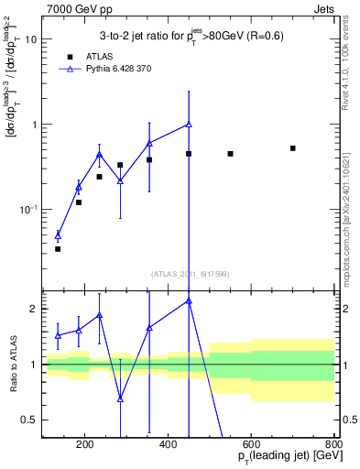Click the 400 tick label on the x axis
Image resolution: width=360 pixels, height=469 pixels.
(168, 446)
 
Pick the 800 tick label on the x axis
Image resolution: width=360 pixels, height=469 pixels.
(334, 446)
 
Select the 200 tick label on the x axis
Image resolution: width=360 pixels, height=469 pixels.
(84, 446)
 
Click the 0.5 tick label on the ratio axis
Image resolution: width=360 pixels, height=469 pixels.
(28, 420)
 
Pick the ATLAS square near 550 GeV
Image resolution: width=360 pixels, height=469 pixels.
(231, 154)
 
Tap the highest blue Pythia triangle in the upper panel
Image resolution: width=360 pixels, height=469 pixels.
(189, 125)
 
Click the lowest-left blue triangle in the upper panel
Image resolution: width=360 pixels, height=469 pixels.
(58, 235)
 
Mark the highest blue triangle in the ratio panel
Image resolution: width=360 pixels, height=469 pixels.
(189, 300)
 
